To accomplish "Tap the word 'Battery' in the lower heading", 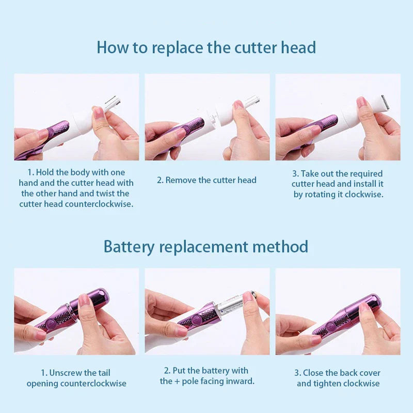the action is (129, 247).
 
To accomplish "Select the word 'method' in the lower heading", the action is (280, 247).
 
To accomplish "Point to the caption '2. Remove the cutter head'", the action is (207, 180).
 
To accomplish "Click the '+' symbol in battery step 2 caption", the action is (177, 382).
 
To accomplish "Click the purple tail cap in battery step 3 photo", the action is (368, 306).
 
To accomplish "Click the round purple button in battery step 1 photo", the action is (51, 324).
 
